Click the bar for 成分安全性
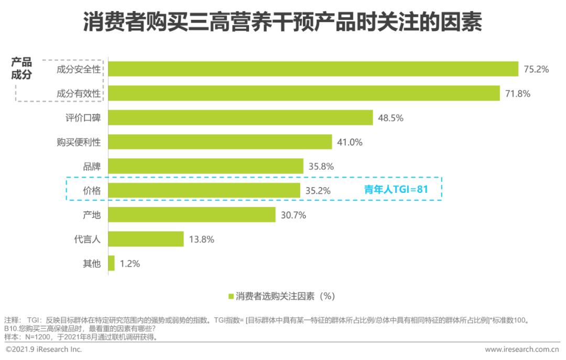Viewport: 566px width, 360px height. (313, 69)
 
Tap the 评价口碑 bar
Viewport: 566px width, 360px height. (241, 118)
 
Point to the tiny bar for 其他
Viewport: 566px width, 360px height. (111, 264)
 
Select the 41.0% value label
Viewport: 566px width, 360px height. (350, 142)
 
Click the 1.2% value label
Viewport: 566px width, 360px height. (130, 264)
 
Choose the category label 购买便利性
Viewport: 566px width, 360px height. (79, 142)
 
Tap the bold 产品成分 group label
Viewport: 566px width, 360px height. (21, 68)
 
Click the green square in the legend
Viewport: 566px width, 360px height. (231, 297)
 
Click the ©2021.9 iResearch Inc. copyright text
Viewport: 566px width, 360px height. (44, 350)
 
